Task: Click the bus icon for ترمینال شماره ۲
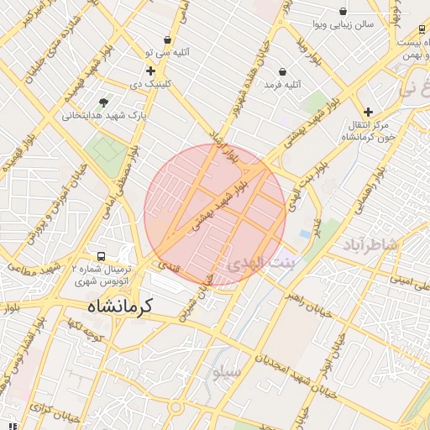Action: coord(101,255)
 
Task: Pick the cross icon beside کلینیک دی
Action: coord(150,71)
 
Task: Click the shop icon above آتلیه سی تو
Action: coord(168,39)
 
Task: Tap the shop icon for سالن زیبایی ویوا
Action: coord(343,11)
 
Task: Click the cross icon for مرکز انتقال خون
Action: coord(367,112)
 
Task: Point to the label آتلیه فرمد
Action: coord(282,85)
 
